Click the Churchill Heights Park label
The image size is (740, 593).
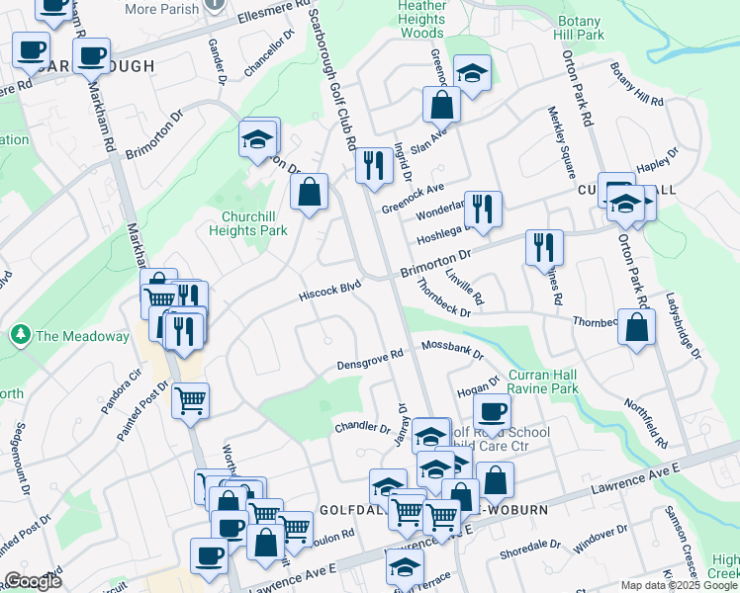click(247, 222)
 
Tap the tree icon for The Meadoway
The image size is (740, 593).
click(20, 336)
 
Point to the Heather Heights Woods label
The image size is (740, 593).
click(421, 19)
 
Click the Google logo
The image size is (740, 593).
click(33, 581)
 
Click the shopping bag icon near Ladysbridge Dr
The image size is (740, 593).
click(636, 325)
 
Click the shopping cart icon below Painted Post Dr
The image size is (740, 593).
click(190, 400)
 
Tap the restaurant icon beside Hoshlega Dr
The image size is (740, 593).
click(482, 209)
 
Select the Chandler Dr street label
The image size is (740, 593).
click(363, 428)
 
